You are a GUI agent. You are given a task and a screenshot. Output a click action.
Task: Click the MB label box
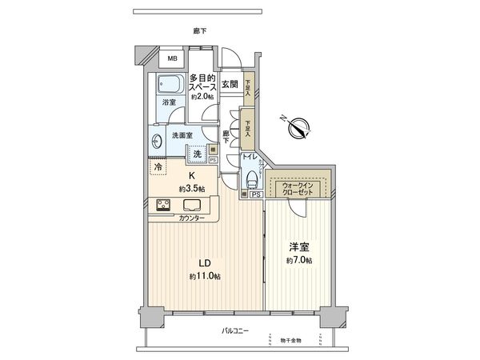(x=171, y=58)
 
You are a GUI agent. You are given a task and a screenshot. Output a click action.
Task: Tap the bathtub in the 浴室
(x=170, y=84)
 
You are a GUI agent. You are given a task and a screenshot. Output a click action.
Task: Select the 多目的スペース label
(x=202, y=82)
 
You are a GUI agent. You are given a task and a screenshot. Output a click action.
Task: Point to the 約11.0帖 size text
(x=205, y=276)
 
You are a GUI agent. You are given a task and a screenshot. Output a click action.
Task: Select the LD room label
(x=205, y=263)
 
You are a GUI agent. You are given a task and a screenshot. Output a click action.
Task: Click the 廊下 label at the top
(x=200, y=30)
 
